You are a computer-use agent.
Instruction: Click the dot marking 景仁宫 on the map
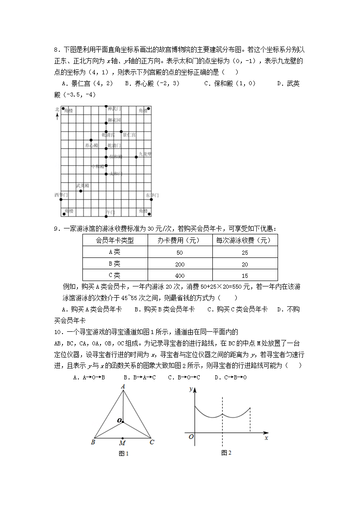[x=121, y=132]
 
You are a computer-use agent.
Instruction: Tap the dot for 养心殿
[x=91, y=141]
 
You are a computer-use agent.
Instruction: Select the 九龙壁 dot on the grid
[x=136, y=157]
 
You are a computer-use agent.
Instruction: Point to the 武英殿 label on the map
[x=82, y=185]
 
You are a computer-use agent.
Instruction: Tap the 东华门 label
[x=153, y=195]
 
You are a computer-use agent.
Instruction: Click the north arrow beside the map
[x=57, y=116]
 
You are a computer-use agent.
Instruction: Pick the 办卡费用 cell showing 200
[x=180, y=264]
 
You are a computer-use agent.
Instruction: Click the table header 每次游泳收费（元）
[x=245, y=240]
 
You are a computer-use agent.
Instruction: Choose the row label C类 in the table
[x=115, y=275]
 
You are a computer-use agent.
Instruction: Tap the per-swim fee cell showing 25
[x=245, y=252]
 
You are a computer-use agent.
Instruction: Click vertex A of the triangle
[x=123, y=387]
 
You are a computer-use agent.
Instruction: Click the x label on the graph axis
[x=266, y=438]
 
